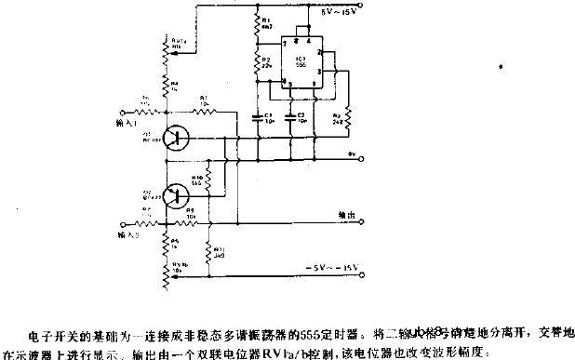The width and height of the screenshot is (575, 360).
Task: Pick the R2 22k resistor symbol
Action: click(x=257, y=64)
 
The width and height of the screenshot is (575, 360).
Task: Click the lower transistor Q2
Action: click(x=169, y=195)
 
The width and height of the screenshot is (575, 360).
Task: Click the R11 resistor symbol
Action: click(x=209, y=249)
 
